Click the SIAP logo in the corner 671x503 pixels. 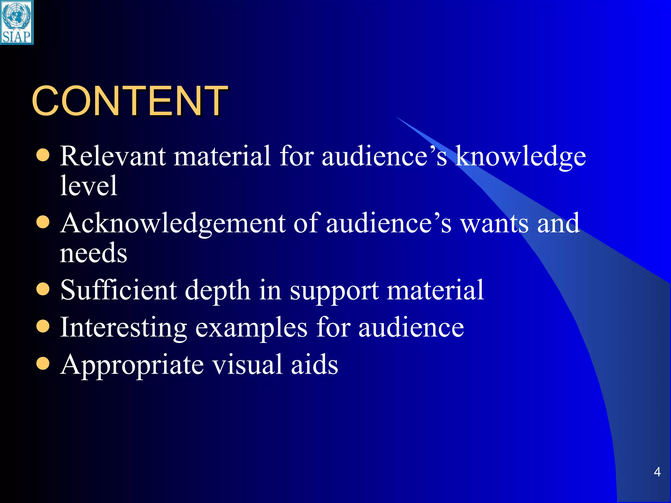[x=17, y=22]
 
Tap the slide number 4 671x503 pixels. [x=657, y=472]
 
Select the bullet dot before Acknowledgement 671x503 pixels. [x=43, y=223]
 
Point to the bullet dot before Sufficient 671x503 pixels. [x=43, y=289]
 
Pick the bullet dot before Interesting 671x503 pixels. [x=43, y=326]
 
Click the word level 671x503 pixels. [x=88, y=186]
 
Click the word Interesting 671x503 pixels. [x=124, y=328]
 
